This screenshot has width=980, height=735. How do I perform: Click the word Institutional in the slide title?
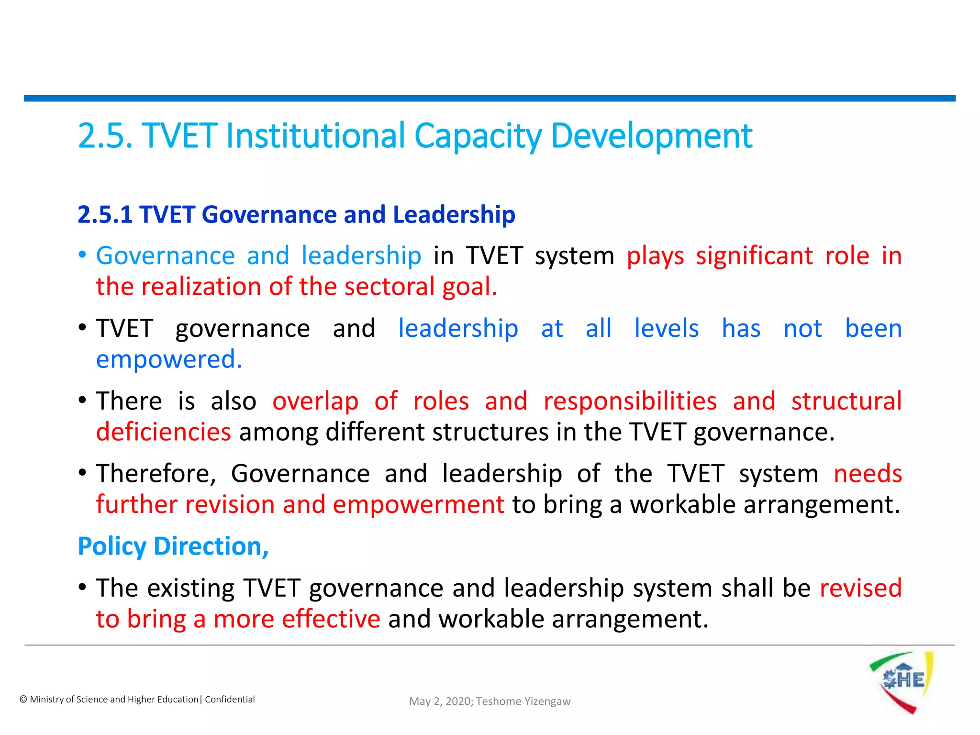315,136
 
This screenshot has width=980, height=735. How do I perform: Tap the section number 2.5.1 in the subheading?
105,214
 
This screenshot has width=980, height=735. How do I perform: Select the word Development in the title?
652,136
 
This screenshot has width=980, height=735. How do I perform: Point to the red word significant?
754,256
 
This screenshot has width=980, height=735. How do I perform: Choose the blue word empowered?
169,359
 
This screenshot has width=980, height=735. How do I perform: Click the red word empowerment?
418,505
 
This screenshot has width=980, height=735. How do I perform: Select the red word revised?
860,588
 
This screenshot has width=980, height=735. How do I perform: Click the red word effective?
331,619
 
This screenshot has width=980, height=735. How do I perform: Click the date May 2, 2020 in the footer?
439,702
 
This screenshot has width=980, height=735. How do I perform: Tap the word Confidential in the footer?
230,700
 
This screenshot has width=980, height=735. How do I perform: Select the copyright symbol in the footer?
23,700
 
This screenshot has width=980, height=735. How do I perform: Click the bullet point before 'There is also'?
82,400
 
